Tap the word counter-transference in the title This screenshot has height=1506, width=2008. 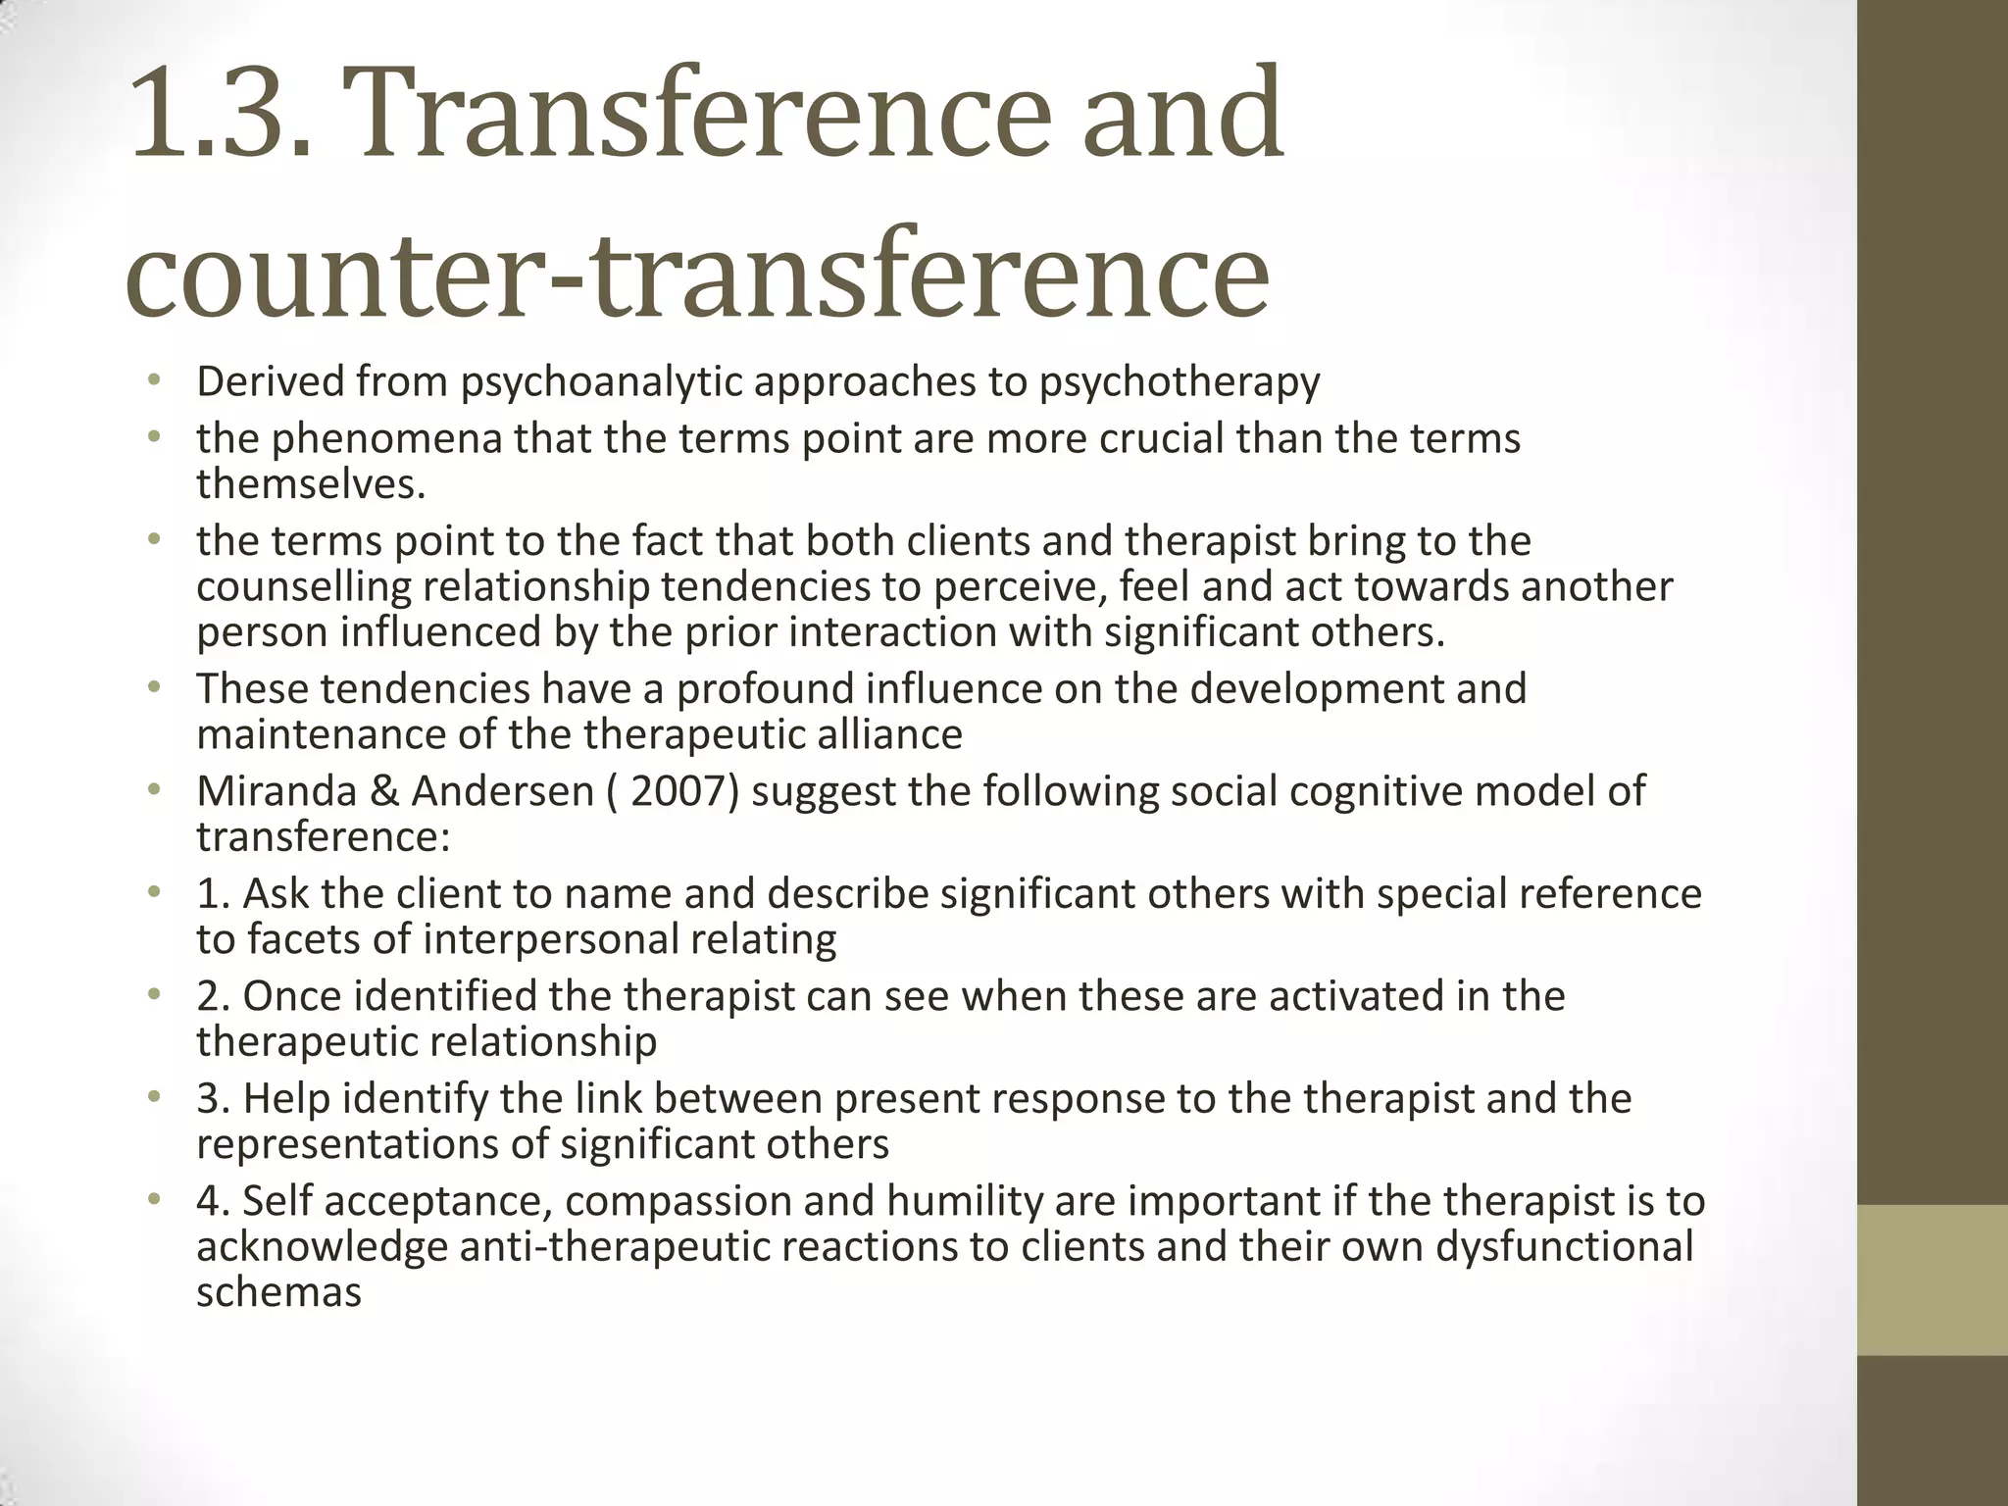pos(697,272)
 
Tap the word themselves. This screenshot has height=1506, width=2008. pos(311,483)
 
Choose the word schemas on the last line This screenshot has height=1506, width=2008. pos(278,1292)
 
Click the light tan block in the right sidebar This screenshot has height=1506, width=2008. pos(1933,1280)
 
